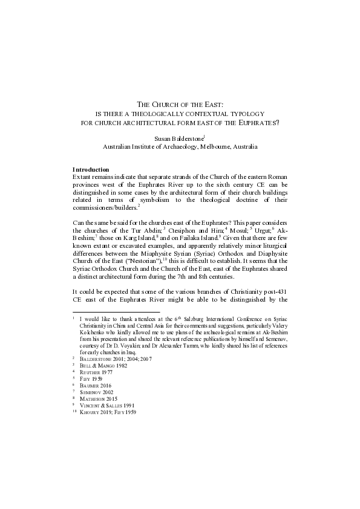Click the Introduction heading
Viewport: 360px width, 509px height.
click(x=91, y=169)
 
